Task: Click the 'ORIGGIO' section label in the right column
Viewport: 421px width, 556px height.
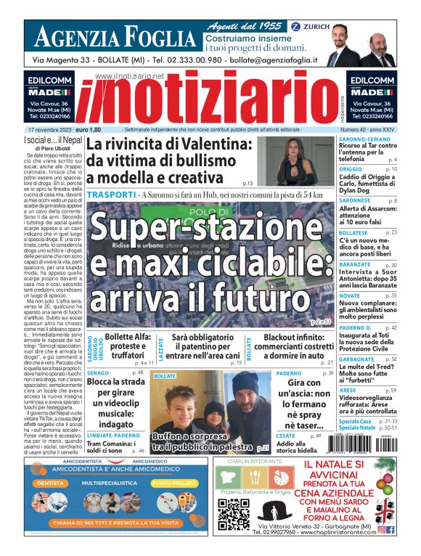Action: pyautogui.click(x=355, y=169)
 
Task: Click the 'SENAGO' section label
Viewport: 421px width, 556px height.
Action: pyautogui.click(x=99, y=373)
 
